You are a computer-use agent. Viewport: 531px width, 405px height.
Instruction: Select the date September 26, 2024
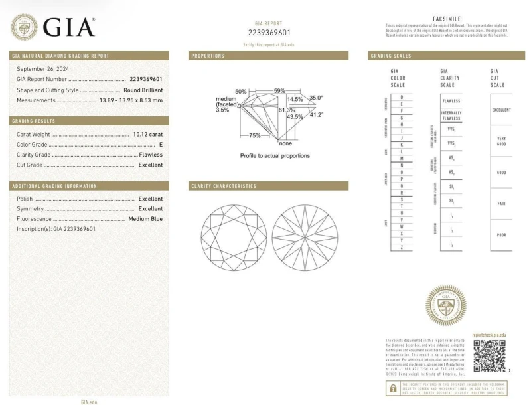(42, 69)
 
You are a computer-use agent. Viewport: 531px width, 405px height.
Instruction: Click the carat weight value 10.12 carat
(147, 134)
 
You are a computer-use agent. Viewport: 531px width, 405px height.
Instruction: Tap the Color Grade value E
(161, 144)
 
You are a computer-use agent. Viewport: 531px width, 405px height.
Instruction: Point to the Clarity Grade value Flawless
(151, 155)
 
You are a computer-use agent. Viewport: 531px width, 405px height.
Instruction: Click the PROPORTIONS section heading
(208, 56)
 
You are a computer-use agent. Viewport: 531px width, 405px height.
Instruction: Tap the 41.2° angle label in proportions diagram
(317, 114)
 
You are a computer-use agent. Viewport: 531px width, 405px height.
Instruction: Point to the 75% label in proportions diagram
(254, 135)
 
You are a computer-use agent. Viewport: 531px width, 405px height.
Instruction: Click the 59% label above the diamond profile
(279, 90)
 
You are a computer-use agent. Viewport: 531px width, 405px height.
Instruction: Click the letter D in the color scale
(400, 97)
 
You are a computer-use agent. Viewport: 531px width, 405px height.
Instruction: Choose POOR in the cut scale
(501, 235)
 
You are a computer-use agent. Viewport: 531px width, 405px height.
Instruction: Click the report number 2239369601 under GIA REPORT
(269, 32)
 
